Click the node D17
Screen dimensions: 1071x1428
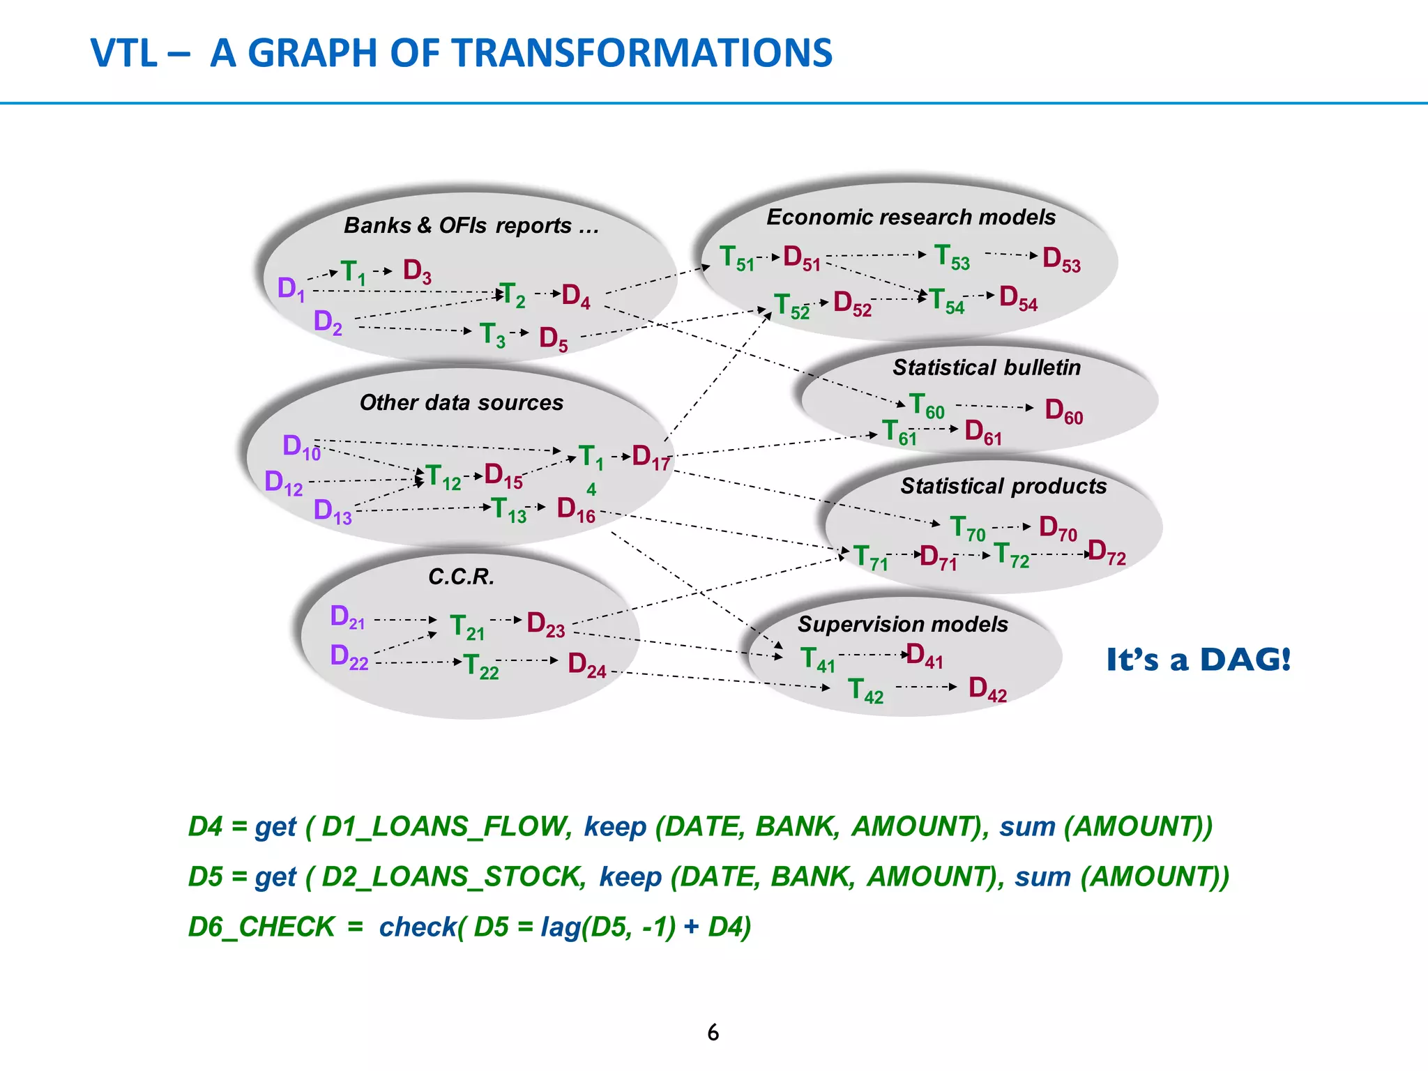pos(651,457)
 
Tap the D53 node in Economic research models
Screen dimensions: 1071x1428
pos(1061,259)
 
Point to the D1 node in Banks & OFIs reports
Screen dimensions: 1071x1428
pos(291,288)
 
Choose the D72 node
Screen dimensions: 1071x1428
pos(1106,552)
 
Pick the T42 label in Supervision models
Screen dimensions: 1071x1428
pos(865,690)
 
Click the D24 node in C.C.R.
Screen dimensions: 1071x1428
pos(586,664)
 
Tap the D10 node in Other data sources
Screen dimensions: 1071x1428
pos(301,446)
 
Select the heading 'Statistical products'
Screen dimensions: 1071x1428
pos(1003,486)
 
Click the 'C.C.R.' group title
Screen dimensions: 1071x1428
pos(461,577)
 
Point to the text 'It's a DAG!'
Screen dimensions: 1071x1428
pos(1198,660)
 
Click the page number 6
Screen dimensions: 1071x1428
pos(713,1033)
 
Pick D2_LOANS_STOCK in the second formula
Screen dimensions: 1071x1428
pos(454,876)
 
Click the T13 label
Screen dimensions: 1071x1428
pos(508,510)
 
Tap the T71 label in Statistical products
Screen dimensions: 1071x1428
pos(870,558)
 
